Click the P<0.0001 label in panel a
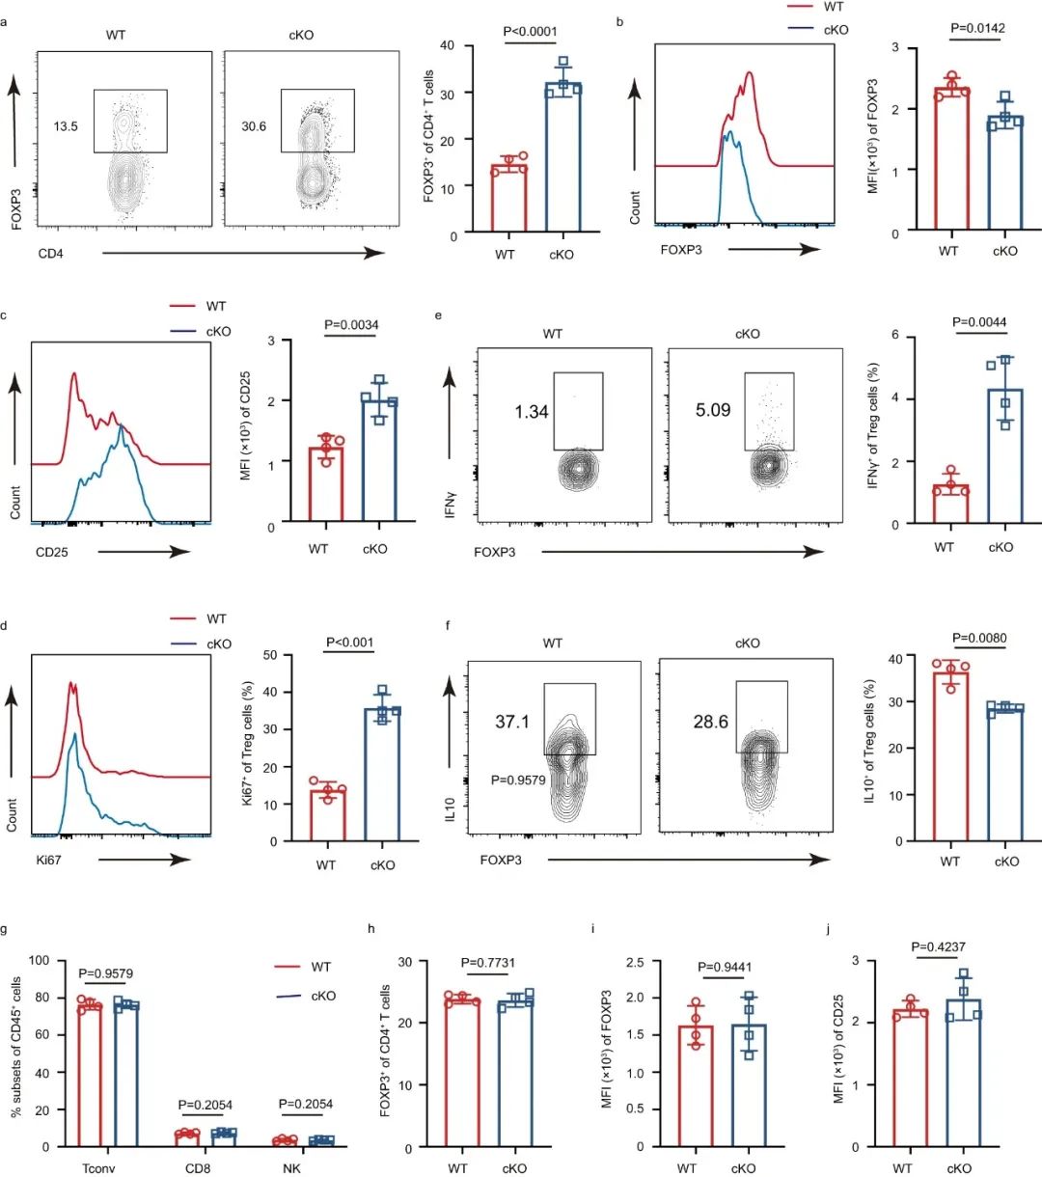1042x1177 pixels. pos(531,31)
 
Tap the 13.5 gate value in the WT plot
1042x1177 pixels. pos(66,126)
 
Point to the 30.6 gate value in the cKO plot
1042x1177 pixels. pos(254,126)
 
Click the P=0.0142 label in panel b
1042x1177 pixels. pos(977,28)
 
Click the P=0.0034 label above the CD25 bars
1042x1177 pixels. pos(351,325)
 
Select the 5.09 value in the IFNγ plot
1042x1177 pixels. pos(713,410)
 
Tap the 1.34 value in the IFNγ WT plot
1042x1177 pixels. pos(532,412)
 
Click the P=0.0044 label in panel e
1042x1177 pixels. pos(979,322)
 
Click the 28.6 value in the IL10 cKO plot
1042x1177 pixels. pos(710,722)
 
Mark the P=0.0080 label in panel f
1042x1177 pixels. pos(978,638)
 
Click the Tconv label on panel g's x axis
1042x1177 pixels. pos(99,1167)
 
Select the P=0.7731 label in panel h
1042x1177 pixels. pos(488,963)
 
